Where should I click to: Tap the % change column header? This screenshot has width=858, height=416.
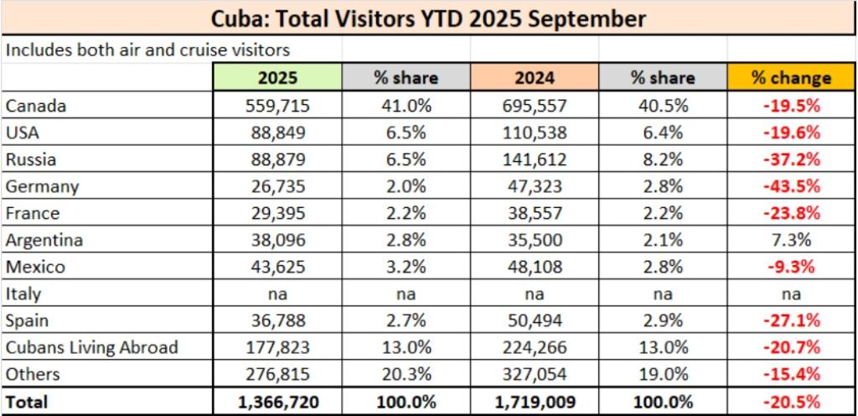790,78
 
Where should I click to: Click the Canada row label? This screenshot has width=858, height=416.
35,106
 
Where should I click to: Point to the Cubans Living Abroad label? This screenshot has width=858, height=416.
91,348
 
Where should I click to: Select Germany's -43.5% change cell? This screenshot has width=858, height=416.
790,186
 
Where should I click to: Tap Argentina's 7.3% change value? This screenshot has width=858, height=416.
790,240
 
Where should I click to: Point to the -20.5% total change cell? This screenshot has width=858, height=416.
790,402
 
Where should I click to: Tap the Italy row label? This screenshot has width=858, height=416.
23,294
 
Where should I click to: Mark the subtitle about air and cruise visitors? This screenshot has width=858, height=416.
147,49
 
